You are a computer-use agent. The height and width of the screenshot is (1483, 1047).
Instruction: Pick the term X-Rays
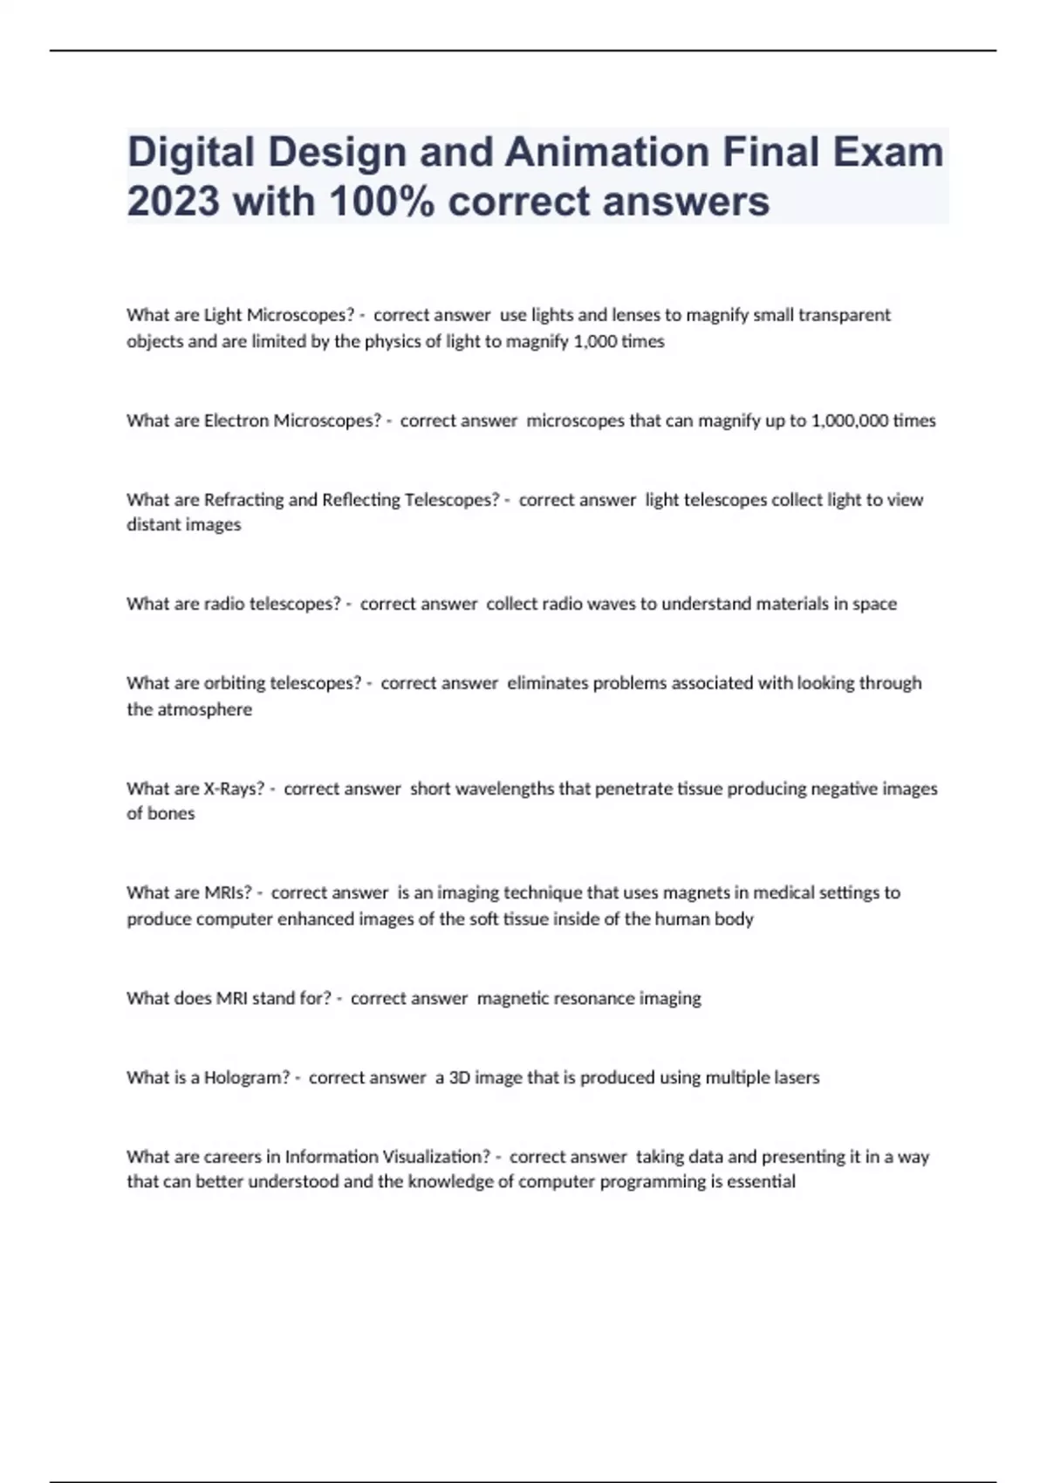pyautogui.click(x=233, y=789)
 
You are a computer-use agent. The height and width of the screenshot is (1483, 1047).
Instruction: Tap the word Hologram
pyautogui.click(x=245, y=1077)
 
